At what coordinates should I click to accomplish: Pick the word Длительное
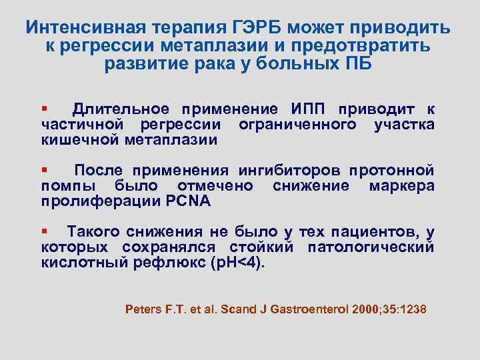point(119,109)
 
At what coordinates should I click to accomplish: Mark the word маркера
point(401,185)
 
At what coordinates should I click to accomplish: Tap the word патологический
point(371,247)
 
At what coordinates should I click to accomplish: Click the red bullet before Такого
point(44,230)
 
